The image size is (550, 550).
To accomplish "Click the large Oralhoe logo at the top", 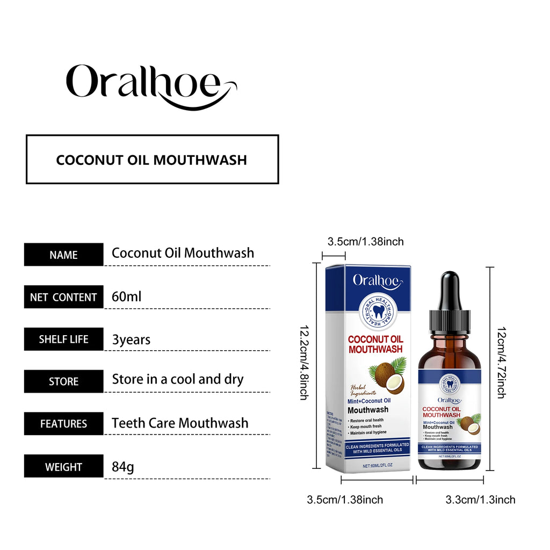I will pyautogui.click(x=150, y=86).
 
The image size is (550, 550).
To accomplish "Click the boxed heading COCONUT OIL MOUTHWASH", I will pyautogui.click(x=152, y=160).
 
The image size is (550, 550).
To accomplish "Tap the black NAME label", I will pyautogui.click(x=63, y=255).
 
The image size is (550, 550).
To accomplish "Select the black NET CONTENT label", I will pyautogui.click(x=63, y=297).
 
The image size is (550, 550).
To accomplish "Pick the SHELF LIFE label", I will pyautogui.click(x=63, y=339).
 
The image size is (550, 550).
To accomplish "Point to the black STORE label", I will pyautogui.click(x=63, y=382).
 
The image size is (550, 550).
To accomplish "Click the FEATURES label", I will pyautogui.click(x=63, y=424).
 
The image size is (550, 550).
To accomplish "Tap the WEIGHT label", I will pyautogui.click(x=63, y=466).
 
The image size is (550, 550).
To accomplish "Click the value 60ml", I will pyautogui.click(x=127, y=296).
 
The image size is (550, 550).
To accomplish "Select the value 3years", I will pyautogui.click(x=131, y=339).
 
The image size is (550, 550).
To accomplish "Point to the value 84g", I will pyautogui.click(x=123, y=466).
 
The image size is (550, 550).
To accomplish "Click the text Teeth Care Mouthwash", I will pyautogui.click(x=180, y=423).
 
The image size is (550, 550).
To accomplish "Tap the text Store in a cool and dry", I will pyautogui.click(x=178, y=379).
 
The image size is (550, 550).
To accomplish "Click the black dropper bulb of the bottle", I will pyautogui.click(x=449, y=290).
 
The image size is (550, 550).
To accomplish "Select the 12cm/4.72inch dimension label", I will pyautogui.click(x=501, y=362).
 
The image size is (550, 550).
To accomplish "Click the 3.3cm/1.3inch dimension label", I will pyautogui.click(x=480, y=500).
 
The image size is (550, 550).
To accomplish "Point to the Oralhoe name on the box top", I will pyautogui.click(x=375, y=280).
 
